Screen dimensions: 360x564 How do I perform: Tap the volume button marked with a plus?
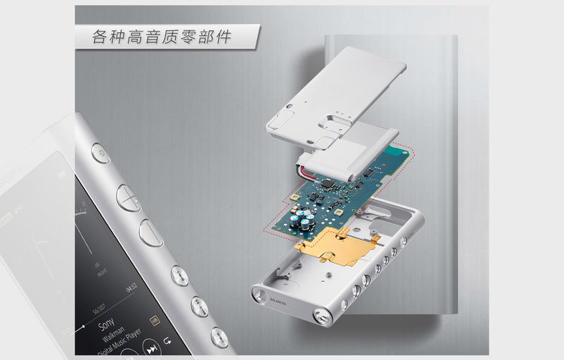129,197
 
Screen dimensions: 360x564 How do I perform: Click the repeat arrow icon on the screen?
167,343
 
